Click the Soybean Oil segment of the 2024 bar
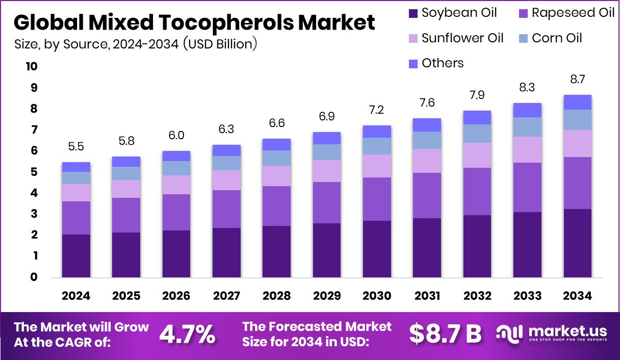click(x=76, y=255)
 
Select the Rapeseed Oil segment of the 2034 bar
click(x=577, y=183)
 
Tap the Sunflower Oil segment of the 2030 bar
click(x=377, y=166)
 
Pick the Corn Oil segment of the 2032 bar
click(x=477, y=134)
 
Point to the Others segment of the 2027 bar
click(x=226, y=150)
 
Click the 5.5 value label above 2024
click(x=76, y=147)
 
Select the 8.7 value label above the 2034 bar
click(x=577, y=80)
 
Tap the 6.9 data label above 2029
click(x=327, y=117)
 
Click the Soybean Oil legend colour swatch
click(x=413, y=13)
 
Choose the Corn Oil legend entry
click(x=556, y=38)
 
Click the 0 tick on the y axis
click(x=34, y=277)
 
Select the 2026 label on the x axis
click(x=176, y=296)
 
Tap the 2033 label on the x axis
click(x=527, y=296)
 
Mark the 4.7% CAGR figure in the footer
click(x=187, y=334)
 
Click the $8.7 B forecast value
click(x=445, y=334)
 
